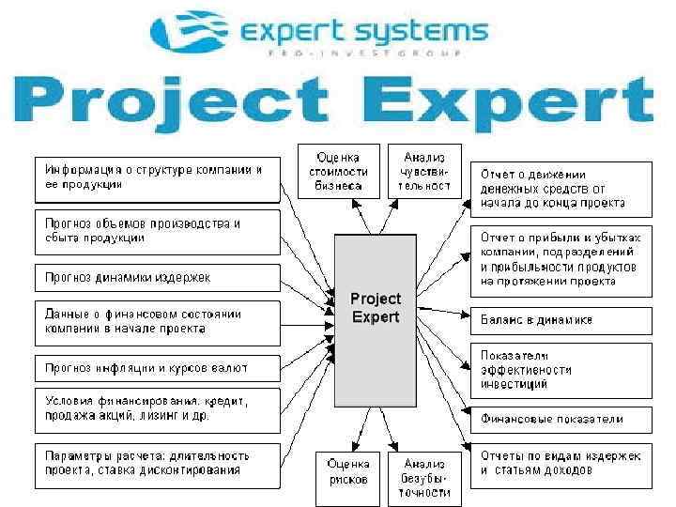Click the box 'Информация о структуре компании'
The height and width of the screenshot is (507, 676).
click(x=158, y=177)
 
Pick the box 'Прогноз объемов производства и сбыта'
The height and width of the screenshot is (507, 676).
click(x=158, y=231)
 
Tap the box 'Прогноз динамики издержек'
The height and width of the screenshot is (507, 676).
click(x=158, y=278)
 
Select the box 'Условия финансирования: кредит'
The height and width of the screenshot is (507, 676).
click(x=158, y=409)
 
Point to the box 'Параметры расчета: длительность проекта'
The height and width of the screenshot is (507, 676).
click(x=158, y=463)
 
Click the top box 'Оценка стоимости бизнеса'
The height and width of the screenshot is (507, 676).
click(x=338, y=171)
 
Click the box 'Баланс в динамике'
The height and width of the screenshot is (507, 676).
click(x=561, y=320)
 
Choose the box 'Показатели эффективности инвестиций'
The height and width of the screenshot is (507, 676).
click(x=561, y=370)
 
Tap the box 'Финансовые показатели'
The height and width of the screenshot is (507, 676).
click(x=561, y=419)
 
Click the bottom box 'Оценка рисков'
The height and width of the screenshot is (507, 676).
click(x=347, y=471)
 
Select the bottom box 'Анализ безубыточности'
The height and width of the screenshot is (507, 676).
click(x=425, y=478)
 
